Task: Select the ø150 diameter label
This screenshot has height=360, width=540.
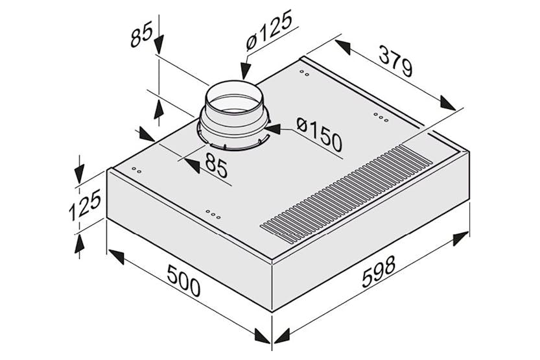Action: point(319,134)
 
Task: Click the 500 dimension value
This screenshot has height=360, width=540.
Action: point(183,281)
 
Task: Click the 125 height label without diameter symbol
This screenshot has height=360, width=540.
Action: point(85,204)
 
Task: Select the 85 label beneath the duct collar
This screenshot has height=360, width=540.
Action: point(217,165)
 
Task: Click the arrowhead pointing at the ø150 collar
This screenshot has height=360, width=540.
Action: point(273,129)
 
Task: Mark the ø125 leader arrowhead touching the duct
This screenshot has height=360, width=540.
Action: point(245,71)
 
